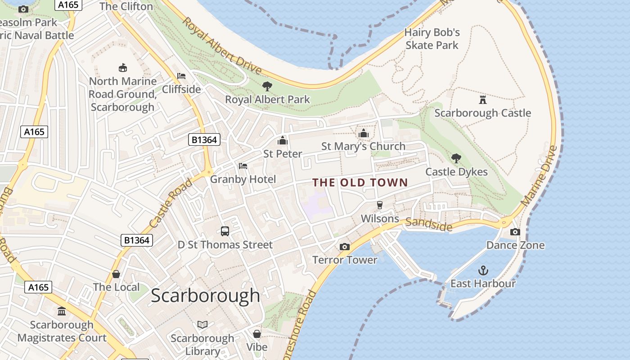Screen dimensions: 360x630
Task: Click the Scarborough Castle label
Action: coord(482,113)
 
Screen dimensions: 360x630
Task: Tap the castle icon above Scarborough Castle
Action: coord(483,99)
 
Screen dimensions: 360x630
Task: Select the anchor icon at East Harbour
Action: coord(483,270)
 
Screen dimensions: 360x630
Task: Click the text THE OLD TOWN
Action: coord(360,183)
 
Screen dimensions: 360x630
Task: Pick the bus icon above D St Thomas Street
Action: coord(225,231)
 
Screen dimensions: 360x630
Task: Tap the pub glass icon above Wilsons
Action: coord(380,205)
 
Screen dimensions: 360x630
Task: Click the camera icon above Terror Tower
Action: coord(345,247)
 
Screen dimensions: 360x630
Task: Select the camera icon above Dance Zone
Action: coord(515,232)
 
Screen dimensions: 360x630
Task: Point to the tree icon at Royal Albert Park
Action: coord(267,86)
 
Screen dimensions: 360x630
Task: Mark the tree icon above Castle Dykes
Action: coord(456,158)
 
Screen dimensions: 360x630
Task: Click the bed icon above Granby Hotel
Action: coord(243,166)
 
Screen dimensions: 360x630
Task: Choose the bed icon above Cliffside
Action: coord(181,76)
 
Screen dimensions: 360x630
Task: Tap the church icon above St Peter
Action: coord(283,140)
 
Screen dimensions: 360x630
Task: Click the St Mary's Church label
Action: coord(363,146)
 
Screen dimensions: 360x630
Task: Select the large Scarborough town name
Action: coord(205,296)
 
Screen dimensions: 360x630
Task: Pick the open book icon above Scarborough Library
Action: coord(202,324)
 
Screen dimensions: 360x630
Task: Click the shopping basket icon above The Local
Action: coord(116,274)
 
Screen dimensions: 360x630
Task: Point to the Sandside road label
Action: coord(428,224)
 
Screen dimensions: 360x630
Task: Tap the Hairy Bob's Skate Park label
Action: coord(432,39)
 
